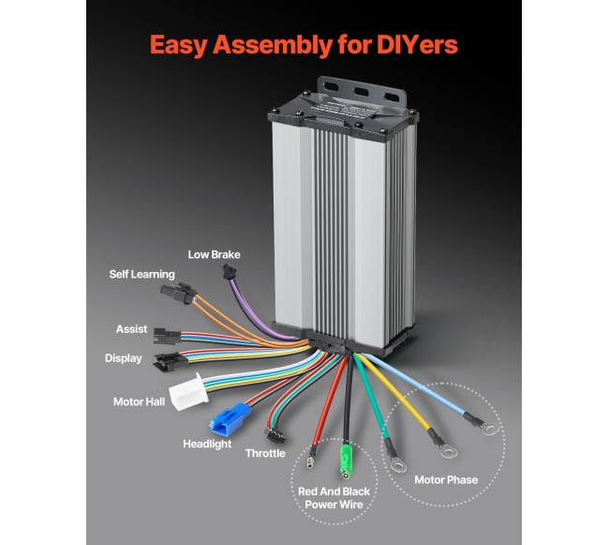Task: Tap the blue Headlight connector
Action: click(x=228, y=423)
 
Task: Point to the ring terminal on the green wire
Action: click(x=397, y=462)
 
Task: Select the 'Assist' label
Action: click(x=131, y=329)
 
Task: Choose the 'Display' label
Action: click(x=124, y=357)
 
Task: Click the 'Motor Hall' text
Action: click(x=141, y=401)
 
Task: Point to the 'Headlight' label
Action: click(x=207, y=444)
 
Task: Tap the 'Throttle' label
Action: click(x=265, y=453)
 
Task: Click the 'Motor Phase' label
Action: click(x=446, y=480)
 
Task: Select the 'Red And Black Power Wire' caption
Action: click(x=334, y=497)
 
